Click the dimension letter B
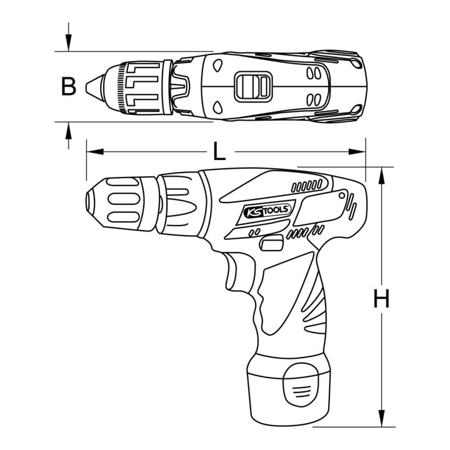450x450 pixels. coord(69,86)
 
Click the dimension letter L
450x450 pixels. coord(220,151)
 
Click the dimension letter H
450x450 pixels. coord(381,299)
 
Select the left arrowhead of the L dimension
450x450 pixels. coord(95,151)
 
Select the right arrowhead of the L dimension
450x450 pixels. coord(357,151)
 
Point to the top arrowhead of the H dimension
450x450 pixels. coord(381,176)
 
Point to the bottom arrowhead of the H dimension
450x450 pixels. coord(381,418)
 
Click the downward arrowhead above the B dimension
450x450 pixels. coord(68,42)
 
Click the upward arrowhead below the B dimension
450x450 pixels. coord(68,131)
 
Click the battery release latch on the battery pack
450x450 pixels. coord(301,384)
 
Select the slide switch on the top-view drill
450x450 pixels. coord(253,86)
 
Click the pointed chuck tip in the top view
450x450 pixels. coord(95,86)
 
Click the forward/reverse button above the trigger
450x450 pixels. coord(271,243)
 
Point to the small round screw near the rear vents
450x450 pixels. coord(341,196)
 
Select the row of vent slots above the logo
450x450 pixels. coord(307,186)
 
